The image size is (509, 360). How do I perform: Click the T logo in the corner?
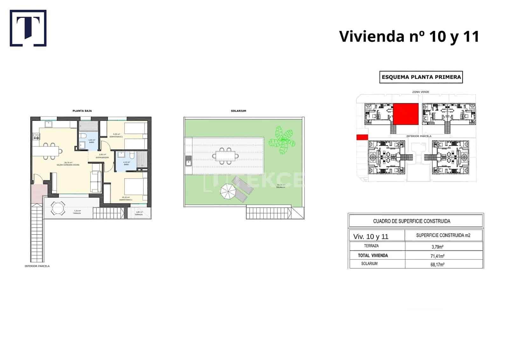tap(28, 28)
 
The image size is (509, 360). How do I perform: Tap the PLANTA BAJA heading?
tap(82, 111)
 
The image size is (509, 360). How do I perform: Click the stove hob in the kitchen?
tap(36, 137)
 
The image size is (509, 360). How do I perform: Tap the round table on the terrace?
tap(58, 208)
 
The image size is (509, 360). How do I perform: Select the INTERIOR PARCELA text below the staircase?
tap(37, 266)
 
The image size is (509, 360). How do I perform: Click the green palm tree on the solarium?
tap(281, 140)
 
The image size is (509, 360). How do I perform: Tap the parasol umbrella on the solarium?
tap(228, 192)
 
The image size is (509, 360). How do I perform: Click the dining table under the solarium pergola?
tap(226, 156)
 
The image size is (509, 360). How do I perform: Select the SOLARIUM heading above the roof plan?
tap(238, 111)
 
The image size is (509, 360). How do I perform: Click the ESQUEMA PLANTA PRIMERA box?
tap(421, 77)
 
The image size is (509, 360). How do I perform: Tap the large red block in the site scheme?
tap(406, 114)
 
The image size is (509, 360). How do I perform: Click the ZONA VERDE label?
tap(421, 92)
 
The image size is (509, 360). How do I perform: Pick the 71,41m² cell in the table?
tap(437, 256)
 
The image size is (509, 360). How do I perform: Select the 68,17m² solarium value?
tap(437, 264)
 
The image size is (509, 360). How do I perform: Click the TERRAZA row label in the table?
tap(371, 246)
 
